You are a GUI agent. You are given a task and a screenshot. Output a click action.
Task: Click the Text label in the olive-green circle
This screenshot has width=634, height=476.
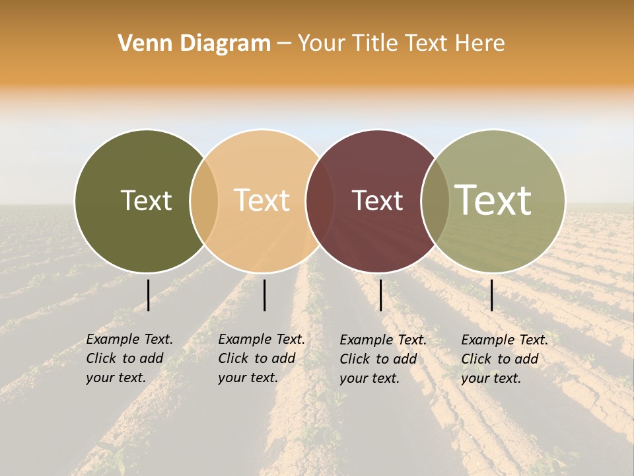146,200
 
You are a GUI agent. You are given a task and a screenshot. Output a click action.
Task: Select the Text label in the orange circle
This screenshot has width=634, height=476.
262,200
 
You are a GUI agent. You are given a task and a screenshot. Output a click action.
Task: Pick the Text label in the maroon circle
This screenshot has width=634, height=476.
377,200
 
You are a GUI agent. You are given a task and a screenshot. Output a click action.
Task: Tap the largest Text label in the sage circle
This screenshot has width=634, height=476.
493,200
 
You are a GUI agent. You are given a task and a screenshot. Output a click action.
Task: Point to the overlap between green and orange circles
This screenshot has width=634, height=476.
204,201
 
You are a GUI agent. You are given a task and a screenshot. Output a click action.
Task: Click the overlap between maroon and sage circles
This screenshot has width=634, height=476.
435,201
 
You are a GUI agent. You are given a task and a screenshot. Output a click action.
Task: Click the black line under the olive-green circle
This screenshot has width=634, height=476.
148,295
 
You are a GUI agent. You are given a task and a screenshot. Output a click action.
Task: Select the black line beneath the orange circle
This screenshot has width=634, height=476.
264,295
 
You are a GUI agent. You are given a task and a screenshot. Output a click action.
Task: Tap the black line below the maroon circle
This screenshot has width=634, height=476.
380,295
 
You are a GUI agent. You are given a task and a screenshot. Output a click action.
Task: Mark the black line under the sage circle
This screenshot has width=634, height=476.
491,295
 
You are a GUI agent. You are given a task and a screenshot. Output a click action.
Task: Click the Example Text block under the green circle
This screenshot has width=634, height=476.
129,358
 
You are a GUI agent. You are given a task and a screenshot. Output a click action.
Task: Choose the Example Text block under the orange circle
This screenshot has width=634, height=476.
261,358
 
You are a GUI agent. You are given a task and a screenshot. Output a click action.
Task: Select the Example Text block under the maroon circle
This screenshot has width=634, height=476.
382,359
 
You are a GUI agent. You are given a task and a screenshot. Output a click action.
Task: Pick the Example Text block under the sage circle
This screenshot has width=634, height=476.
504,359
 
